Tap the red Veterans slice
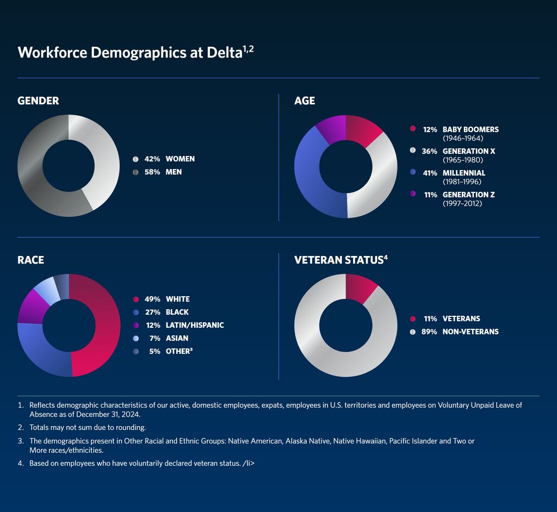[x=360, y=288]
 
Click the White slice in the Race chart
[x=103, y=326]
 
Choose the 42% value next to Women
[x=152, y=159]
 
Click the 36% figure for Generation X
[x=430, y=151]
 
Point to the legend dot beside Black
[x=135, y=313]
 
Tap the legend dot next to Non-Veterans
[x=412, y=332]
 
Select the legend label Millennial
[x=463, y=173]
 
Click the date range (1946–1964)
[x=463, y=138]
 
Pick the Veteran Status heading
[x=338, y=260]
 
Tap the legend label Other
[x=177, y=351]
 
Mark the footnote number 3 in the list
[x=21, y=441]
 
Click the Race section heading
[x=31, y=260]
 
